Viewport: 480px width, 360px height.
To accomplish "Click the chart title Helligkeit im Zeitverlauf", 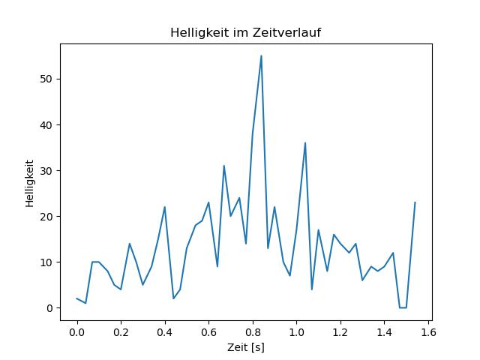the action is click(245, 32).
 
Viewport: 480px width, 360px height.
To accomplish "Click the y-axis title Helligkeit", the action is click(29, 183).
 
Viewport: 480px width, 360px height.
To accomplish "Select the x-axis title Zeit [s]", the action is click(245, 347).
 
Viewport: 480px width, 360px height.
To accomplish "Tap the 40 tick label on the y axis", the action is click(46, 125).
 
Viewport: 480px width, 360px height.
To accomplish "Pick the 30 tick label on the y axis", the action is click(46, 170).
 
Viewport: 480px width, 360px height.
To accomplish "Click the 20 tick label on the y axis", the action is click(46, 217).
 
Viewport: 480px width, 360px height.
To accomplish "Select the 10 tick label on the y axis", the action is click(46, 262).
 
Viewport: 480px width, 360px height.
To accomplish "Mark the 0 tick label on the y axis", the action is click(49, 308).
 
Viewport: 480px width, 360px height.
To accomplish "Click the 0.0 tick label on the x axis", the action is click(76, 332).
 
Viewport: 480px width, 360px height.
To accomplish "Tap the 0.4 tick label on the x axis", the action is click(165, 332).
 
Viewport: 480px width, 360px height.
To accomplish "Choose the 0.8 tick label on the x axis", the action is click(253, 332).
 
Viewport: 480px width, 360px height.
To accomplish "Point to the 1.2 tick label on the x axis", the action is click(340, 332).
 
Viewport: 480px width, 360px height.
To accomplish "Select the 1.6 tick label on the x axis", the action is click(428, 332).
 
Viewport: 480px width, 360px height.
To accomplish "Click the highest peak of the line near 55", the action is click(261, 55).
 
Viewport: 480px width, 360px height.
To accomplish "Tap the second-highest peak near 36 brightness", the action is click(305, 142).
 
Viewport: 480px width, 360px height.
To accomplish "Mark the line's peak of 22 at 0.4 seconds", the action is click(165, 207).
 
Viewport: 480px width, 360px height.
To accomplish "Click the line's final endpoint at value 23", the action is click(415, 202).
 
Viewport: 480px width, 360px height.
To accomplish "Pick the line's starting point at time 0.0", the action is click(76, 298).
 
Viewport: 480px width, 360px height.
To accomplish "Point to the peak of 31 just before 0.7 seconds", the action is click(223, 166).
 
